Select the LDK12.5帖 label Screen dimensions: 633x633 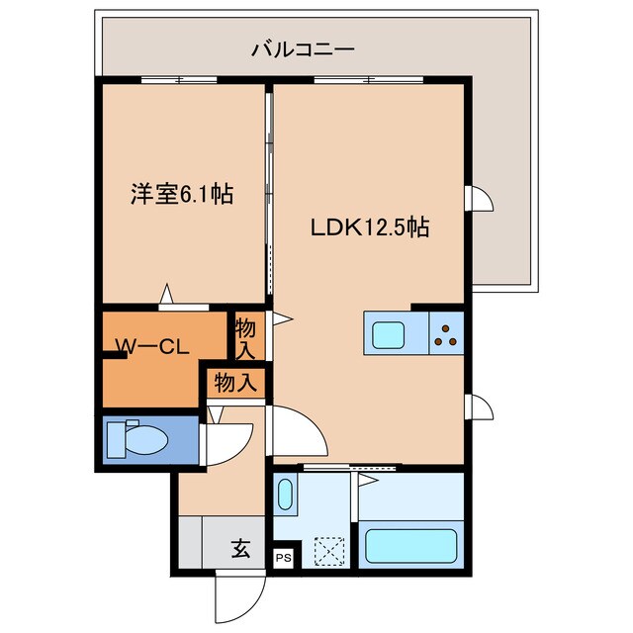point(370,226)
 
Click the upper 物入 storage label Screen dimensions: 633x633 point(246,338)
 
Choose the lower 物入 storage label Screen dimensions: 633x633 point(235,382)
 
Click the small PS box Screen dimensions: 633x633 point(284,557)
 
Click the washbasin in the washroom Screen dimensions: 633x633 point(285,495)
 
